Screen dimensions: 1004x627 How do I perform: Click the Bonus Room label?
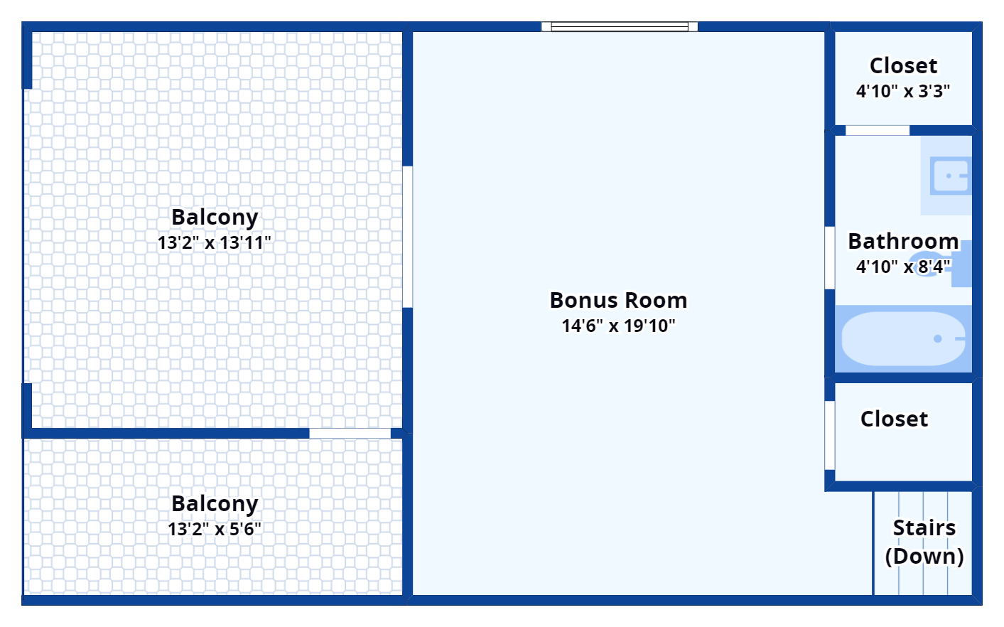tap(618, 300)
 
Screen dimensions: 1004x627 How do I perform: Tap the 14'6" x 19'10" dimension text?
tap(618, 326)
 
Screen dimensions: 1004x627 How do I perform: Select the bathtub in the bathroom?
tap(903, 338)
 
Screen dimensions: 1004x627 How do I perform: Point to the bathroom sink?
tap(951, 176)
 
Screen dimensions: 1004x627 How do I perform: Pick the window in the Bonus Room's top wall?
tap(620, 26)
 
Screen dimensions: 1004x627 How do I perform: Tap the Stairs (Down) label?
tap(924, 542)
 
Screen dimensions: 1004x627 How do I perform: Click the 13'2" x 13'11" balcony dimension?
tap(215, 242)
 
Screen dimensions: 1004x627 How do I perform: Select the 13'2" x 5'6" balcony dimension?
tap(215, 529)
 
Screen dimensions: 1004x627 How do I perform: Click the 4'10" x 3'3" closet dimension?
tap(902, 91)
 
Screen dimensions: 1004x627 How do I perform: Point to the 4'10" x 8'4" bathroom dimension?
tap(902, 267)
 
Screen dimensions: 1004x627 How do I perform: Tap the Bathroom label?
tap(903, 241)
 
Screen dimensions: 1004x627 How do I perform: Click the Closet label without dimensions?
tap(894, 419)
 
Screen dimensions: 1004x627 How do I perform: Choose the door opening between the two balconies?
tap(350, 433)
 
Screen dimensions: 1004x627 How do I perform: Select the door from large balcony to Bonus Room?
tap(407, 237)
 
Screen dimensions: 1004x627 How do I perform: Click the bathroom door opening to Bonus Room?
tap(830, 258)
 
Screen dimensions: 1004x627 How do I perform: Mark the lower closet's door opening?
tap(830, 436)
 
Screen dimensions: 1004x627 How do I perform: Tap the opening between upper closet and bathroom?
tap(878, 131)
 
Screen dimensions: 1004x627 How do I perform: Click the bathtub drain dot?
tap(938, 338)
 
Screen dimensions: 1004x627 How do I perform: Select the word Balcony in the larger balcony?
tap(215, 217)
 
